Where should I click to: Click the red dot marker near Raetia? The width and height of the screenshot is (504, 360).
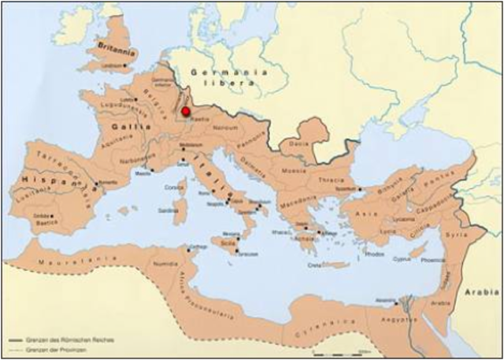pos(186,113)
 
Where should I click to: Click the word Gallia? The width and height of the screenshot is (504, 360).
pos(125,125)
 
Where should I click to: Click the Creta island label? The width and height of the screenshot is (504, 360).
pos(315,265)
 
